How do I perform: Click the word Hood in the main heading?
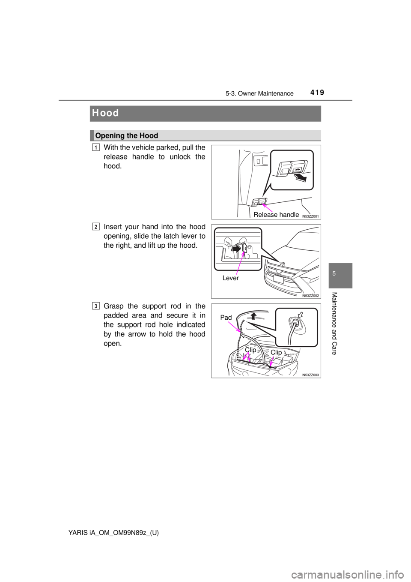point(105,114)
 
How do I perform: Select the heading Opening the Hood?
point(127,136)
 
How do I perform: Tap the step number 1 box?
point(96,148)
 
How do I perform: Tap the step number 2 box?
point(96,227)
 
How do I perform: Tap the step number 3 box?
point(96,306)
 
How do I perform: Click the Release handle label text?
point(276,214)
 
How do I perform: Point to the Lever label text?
point(230,278)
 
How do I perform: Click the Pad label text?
point(226,318)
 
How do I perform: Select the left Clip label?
point(250,350)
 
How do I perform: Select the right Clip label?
point(276,352)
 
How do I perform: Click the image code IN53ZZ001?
point(310,216)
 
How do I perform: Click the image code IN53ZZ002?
point(310,295)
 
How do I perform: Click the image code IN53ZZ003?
point(310,375)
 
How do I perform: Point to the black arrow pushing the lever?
point(236,248)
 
